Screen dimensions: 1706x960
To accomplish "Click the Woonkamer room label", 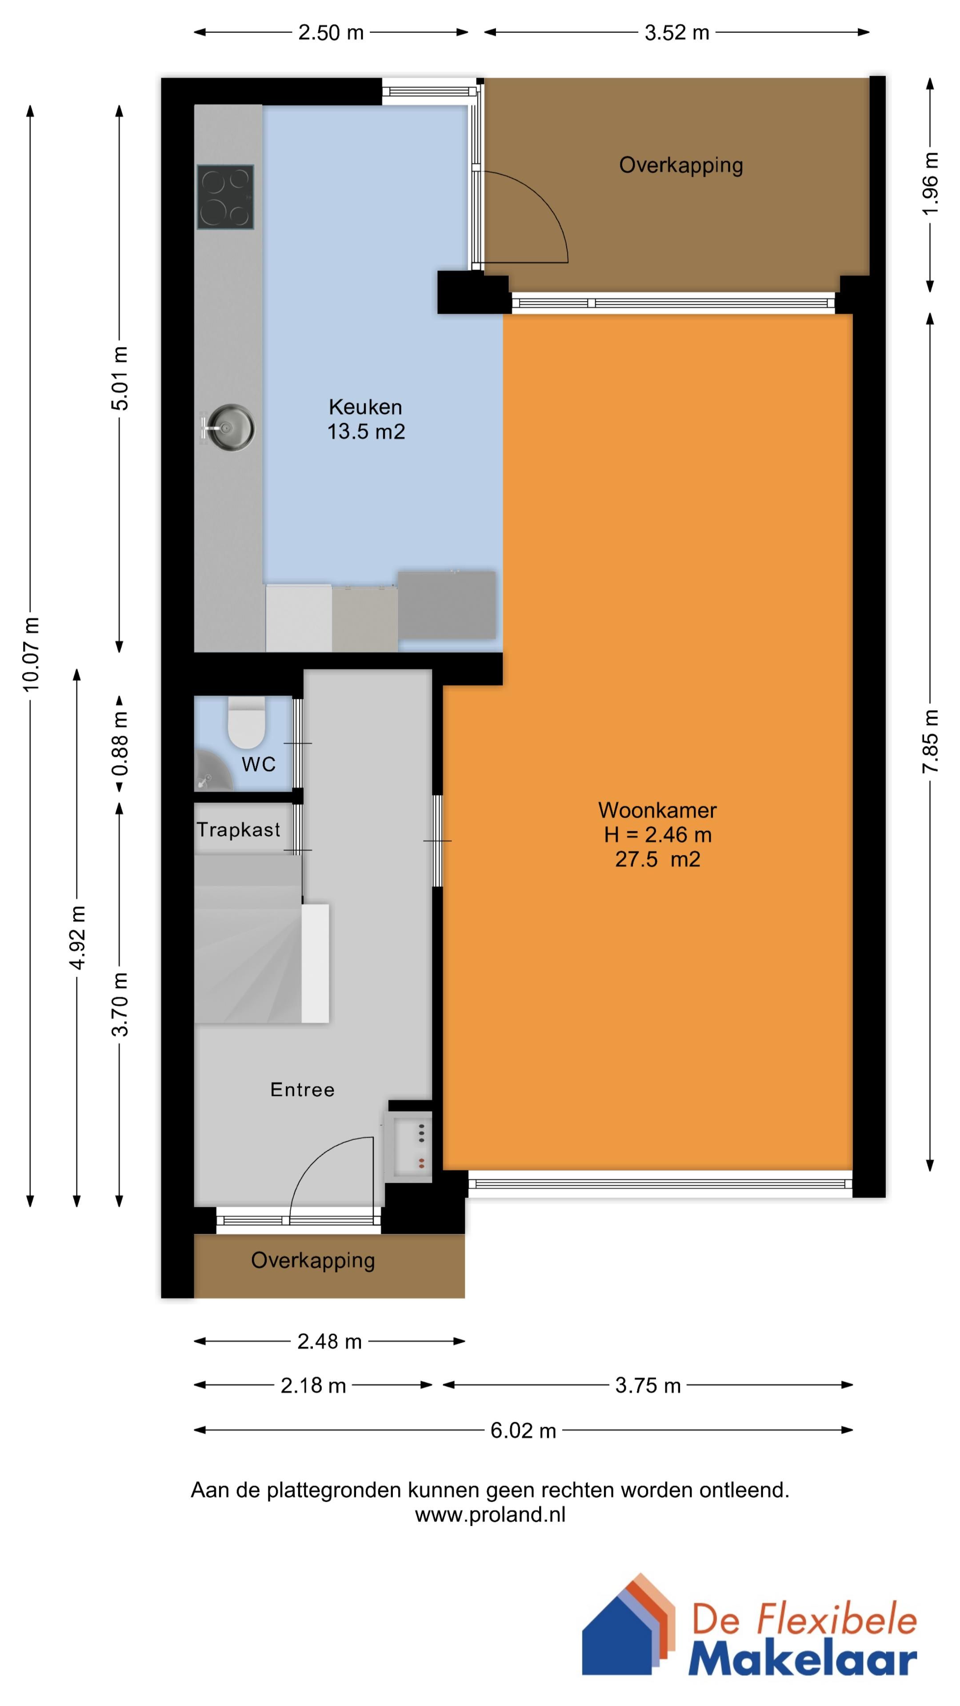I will coord(657,810).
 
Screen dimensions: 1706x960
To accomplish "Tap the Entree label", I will coord(302,1089).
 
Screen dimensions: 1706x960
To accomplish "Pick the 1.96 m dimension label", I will coord(930,183).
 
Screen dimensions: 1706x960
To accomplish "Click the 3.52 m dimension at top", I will coord(676,32).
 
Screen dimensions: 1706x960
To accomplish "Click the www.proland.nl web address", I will coord(490,1515).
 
